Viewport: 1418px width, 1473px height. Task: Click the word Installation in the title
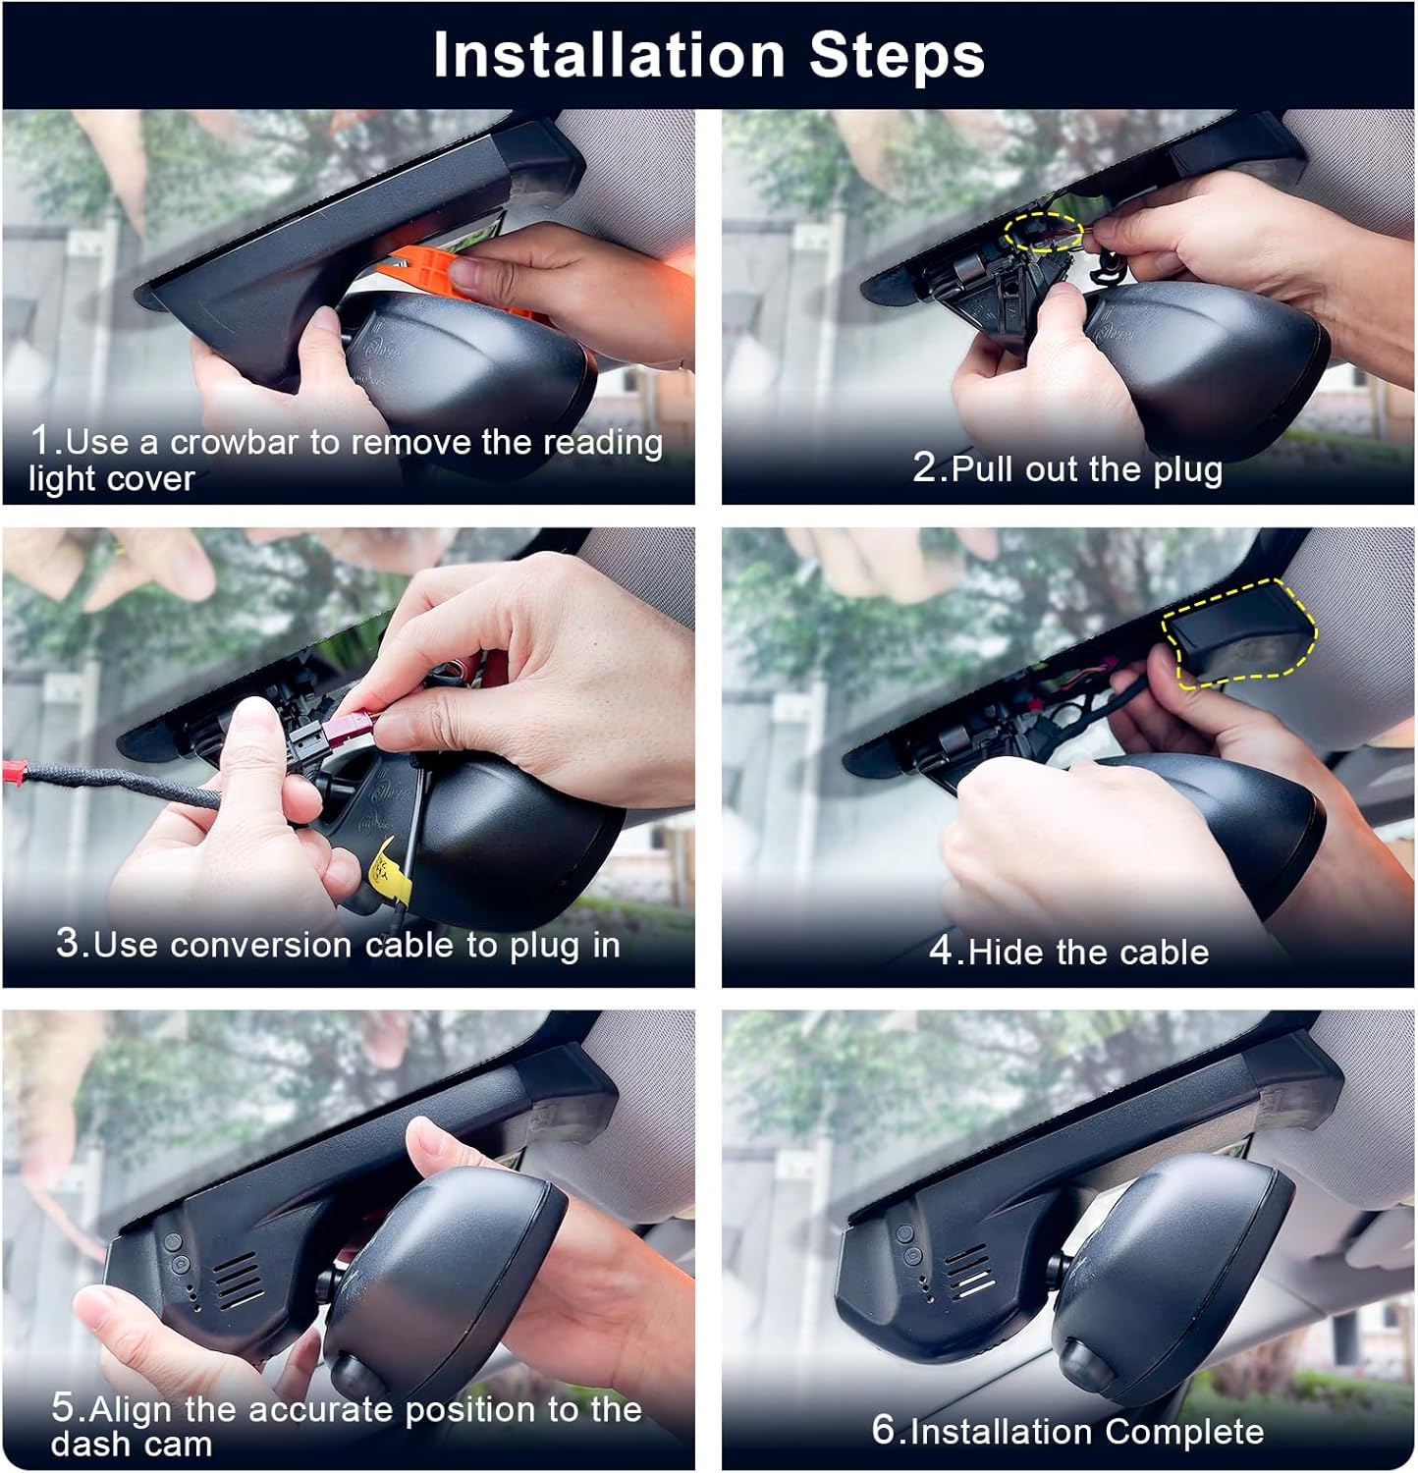coord(609,55)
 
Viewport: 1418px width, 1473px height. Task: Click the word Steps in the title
coord(896,55)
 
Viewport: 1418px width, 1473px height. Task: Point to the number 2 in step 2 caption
coord(925,467)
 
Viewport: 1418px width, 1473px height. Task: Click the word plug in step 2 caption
coord(1187,469)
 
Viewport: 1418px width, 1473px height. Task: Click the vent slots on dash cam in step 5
coord(238,1280)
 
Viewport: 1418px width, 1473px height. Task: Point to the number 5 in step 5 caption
coord(64,1408)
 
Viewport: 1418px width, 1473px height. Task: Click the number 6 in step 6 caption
coord(884,1430)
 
